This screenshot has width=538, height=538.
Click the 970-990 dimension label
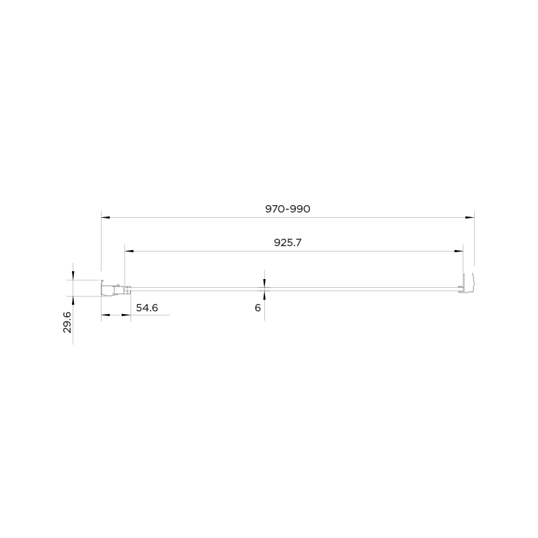tap(288, 209)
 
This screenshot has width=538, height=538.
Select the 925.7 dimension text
tap(288, 243)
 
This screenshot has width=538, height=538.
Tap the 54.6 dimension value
tap(147, 308)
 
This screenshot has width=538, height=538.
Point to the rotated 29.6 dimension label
tap(67, 322)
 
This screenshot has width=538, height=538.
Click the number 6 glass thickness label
tap(258, 308)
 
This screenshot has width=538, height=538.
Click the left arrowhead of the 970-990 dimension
tap(106, 217)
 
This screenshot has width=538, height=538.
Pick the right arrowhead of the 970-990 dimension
tap(469, 217)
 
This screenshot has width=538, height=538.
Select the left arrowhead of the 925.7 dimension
tap(129, 251)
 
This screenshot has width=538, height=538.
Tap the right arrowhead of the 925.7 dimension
tap(459, 251)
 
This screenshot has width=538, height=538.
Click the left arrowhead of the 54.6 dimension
tap(106, 315)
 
